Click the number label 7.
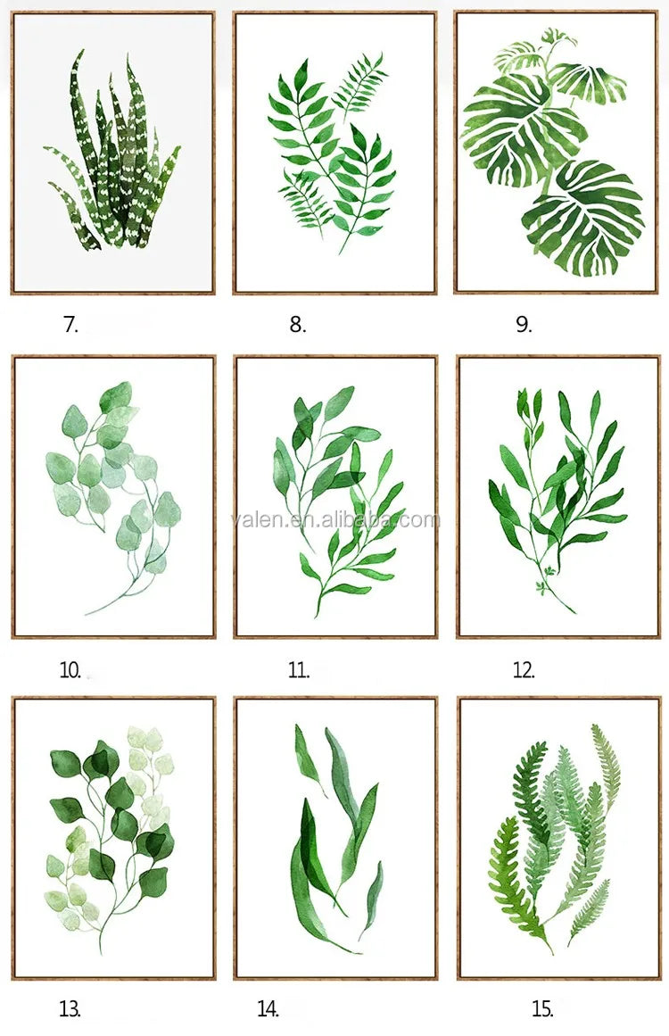click(70, 325)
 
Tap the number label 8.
click(298, 325)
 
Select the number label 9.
click(524, 325)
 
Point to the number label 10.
click(70, 671)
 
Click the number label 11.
click(299, 671)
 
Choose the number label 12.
click(524, 671)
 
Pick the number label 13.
click(70, 1009)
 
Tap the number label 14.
click(268, 1009)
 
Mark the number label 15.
click(542, 1009)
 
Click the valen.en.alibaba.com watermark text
click(335, 520)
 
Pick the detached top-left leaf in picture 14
click(309, 758)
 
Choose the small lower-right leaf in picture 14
click(372, 899)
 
